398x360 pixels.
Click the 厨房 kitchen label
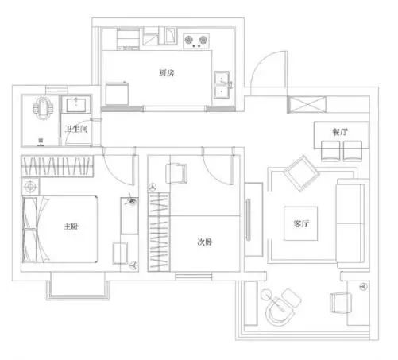166,73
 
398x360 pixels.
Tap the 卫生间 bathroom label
76,129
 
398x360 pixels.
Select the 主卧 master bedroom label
71,226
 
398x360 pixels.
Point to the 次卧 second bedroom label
205,242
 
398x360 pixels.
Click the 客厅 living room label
301,223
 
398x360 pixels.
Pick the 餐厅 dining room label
340,132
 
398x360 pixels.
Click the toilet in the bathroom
43,108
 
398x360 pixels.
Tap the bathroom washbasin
76,105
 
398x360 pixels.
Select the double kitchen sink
222,85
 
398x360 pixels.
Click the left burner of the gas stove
188,40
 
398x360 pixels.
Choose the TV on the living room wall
248,220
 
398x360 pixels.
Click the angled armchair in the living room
301,173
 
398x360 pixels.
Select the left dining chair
330,151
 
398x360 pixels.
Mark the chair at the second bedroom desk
176,173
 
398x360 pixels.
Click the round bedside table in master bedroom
30,187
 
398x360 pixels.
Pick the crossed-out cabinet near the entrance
307,105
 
